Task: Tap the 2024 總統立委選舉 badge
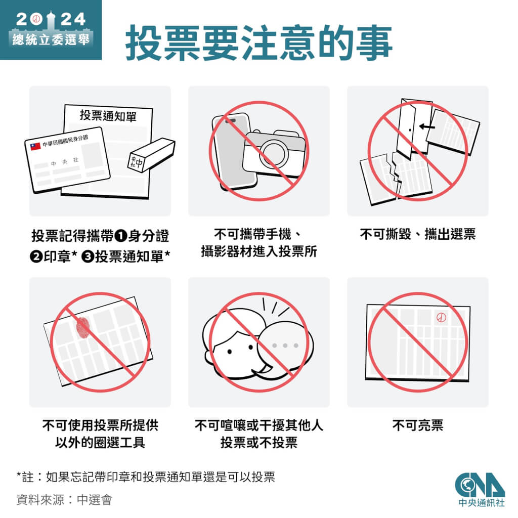coord(50,29)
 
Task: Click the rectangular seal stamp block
coord(151,154)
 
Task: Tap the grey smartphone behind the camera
coord(230,147)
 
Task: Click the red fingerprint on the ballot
coord(83,327)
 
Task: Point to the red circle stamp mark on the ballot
coord(441,318)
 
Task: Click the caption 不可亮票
coord(417,425)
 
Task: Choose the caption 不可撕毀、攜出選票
coord(417,234)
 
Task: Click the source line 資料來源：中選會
coord(64,500)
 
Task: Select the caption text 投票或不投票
coord(258,443)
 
